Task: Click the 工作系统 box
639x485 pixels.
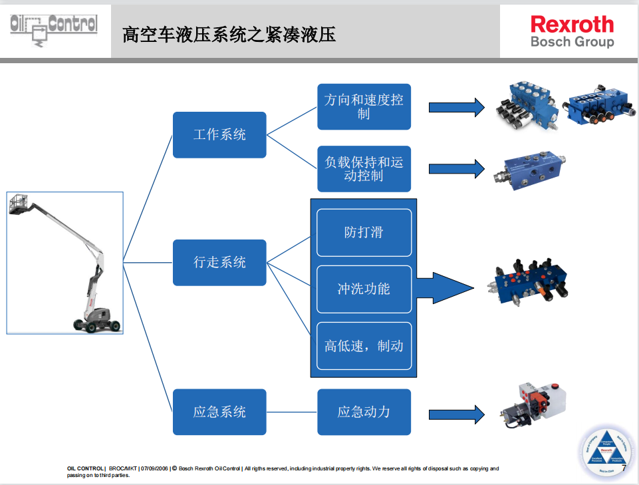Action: (x=219, y=134)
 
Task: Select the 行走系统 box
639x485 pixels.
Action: (x=219, y=263)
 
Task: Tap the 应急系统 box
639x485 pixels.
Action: (x=219, y=412)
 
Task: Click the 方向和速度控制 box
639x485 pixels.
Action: (x=364, y=106)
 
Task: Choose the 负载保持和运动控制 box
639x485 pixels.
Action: (x=364, y=169)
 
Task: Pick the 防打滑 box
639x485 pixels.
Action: (x=364, y=232)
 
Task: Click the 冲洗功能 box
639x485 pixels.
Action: (x=364, y=289)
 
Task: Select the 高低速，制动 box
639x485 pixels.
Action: (x=364, y=346)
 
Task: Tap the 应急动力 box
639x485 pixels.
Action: (x=364, y=412)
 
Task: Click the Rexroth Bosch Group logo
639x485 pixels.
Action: (x=572, y=31)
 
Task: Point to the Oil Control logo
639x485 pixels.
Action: (x=54, y=31)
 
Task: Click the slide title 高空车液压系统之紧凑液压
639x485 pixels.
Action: (x=229, y=35)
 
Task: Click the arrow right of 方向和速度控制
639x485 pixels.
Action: (x=456, y=107)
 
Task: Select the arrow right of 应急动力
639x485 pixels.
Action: (x=456, y=412)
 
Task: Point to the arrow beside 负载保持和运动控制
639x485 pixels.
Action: (x=456, y=168)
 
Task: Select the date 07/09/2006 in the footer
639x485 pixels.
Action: (x=155, y=468)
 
